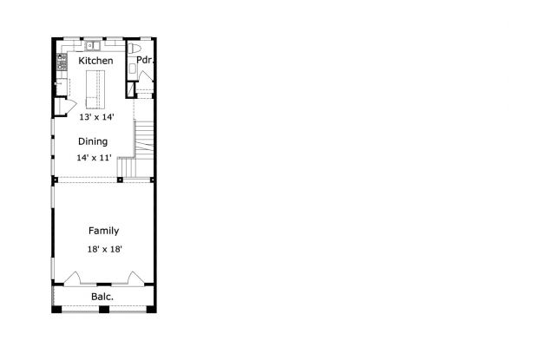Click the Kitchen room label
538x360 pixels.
tap(95, 62)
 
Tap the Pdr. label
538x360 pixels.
tap(145, 61)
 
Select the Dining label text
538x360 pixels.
tap(93, 141)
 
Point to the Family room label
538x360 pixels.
tap(103, 231)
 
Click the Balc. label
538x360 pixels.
tap(103, 297)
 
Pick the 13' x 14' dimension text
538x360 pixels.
tap(96, 116)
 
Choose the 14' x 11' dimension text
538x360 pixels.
tap(94, 158)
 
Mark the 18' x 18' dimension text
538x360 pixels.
tap(104, 249)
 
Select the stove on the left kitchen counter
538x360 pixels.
tap(62, 62)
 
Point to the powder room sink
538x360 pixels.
tap(132, 69)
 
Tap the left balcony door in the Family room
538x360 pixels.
tap(74, 278)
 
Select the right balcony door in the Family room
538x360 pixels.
tap(134, 278)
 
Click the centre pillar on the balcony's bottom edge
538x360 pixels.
tap(104, 309)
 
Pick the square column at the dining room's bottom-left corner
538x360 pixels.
tap(55, 180)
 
